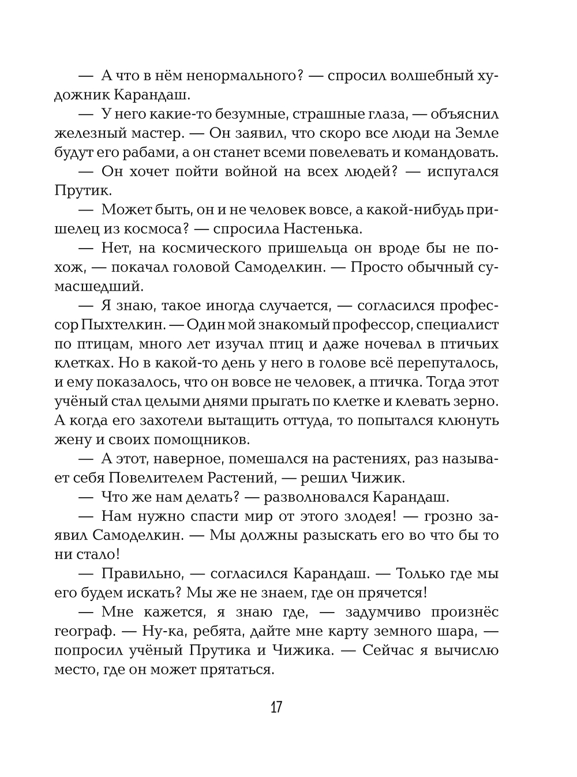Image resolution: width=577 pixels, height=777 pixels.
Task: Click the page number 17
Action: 276,707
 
